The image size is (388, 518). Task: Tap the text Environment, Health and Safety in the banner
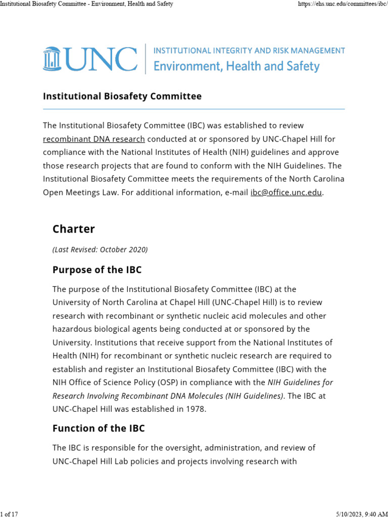236,66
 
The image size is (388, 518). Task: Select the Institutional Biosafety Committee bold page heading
122,96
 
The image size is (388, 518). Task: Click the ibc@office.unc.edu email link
286,192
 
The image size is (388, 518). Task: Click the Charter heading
74,229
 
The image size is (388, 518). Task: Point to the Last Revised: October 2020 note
100,249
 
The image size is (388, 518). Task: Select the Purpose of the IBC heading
97,270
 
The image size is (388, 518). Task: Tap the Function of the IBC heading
99,428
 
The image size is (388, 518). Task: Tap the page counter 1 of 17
9,514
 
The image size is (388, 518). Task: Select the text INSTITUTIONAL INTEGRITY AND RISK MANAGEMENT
249,51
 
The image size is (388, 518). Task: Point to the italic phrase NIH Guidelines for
300,382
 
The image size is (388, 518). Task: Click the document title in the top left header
87,4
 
